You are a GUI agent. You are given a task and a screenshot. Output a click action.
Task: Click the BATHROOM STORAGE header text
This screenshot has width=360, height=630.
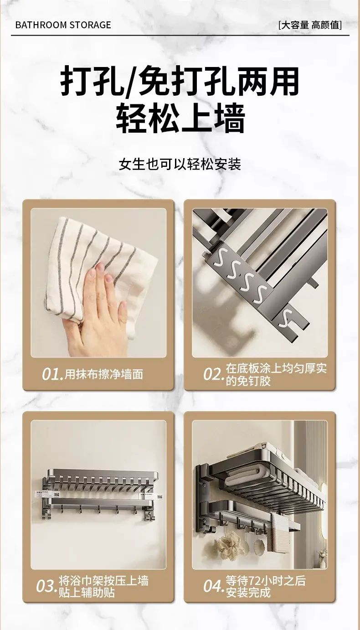click(63, 25)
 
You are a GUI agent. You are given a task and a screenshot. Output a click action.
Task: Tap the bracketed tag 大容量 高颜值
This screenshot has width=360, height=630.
click(310, 25)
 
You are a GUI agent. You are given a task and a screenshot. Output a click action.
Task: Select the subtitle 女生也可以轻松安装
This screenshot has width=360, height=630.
click(180, 164)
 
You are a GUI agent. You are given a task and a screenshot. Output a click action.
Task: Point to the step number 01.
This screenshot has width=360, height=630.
click(52, 374)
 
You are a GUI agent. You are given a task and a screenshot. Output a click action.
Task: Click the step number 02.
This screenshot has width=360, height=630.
click(214, 374)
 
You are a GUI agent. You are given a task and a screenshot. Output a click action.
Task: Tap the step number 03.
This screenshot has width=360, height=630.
click(46, 586)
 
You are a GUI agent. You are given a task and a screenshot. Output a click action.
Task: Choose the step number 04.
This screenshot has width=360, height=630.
click(214, 586)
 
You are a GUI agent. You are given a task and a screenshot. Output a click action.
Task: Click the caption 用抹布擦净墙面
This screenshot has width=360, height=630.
click(104, 374)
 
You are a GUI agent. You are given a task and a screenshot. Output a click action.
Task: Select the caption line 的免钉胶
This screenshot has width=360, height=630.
click(248, 381)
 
